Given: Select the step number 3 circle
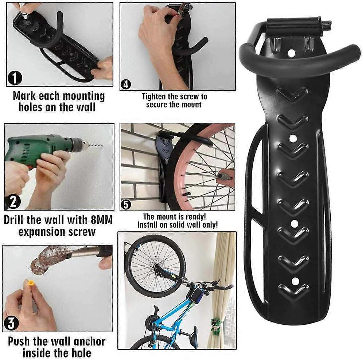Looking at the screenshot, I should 11,324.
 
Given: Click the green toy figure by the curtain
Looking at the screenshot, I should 216,324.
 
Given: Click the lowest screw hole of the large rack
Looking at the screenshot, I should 296,281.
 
